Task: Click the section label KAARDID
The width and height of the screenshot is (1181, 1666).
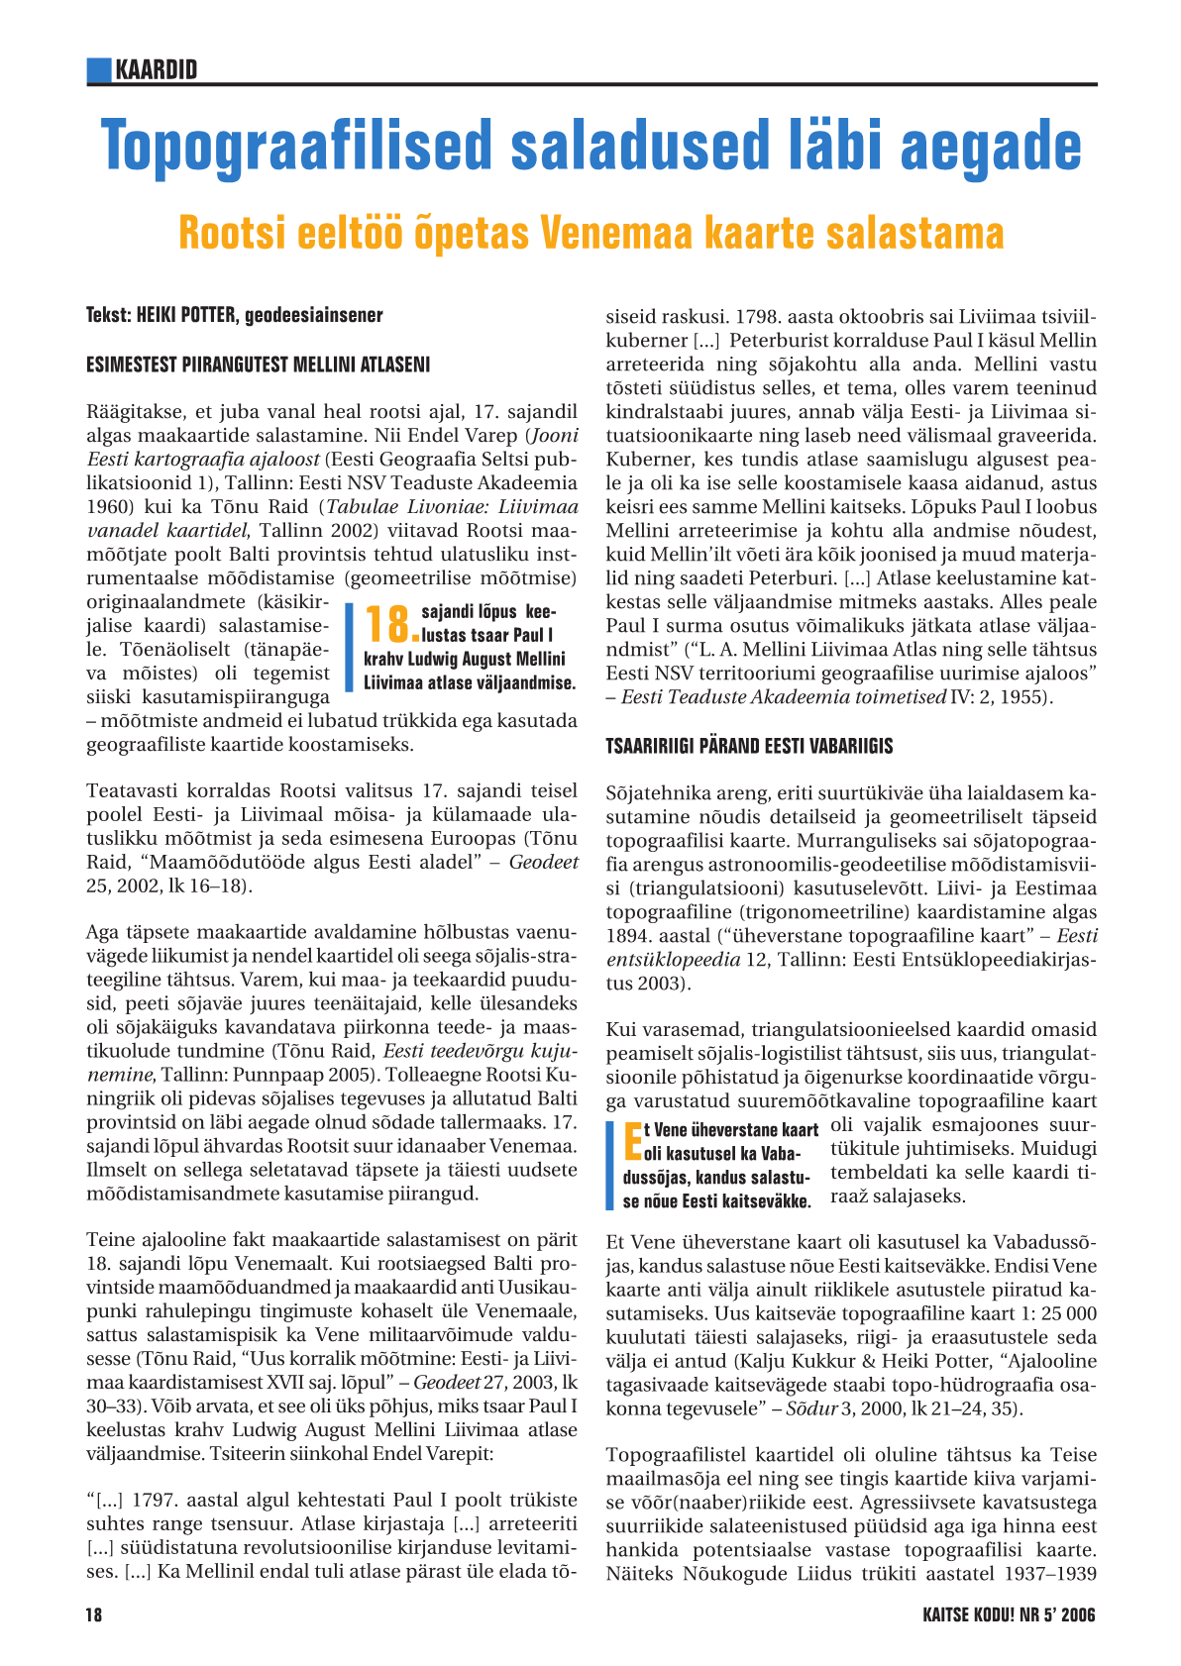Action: coord(157,69)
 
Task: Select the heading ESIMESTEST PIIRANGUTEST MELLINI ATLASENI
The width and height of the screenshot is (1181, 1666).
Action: coord(259,364)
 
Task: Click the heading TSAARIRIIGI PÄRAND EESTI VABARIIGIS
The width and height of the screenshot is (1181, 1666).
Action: coord(749,746)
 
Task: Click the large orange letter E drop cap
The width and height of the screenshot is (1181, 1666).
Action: coord(631,1141)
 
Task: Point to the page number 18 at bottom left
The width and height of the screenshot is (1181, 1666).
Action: coord(94,1615)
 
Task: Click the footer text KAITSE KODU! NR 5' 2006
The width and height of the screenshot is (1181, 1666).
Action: coord(1009,1615)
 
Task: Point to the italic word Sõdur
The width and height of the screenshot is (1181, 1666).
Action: coord(809,1408)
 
